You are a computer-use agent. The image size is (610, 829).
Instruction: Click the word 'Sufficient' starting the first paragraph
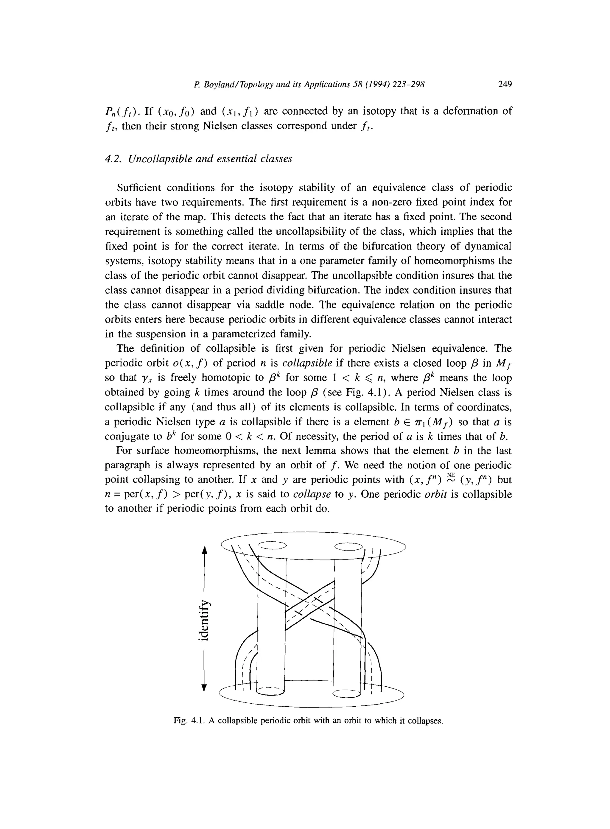coord(139,188)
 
